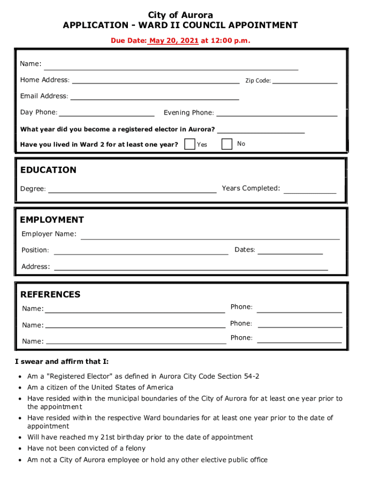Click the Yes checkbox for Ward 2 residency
pos(190,144)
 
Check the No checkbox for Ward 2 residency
pos(227,144)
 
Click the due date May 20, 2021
pos(173,41)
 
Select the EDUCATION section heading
pos(48,170)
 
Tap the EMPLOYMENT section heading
pos(52,220)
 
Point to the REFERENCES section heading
pos(50,294)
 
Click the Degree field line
pos(132,190)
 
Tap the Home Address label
pos(45,80)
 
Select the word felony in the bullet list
pos(135,448)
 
